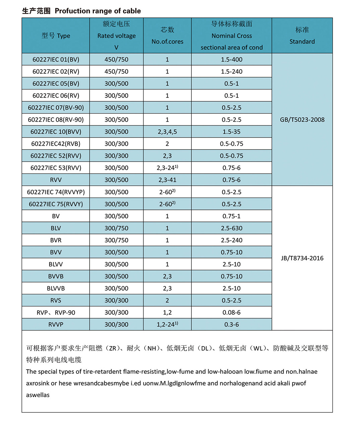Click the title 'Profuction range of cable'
pos(98,11)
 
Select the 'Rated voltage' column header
pos(116,36)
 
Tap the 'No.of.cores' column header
pos(167,42)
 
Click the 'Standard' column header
pos(302,42)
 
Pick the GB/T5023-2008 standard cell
pos(302,120)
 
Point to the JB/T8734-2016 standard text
pos(302,258)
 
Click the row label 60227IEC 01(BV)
pos(56,59)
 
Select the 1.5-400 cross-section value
pos(231,59)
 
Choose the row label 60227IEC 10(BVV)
pos(56,132)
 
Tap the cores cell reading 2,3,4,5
pos(167,132)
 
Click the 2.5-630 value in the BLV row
pos(231,228)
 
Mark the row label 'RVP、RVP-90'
pos(56,312)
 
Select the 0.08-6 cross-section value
pos(231,312)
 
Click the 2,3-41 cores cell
pos(167,180)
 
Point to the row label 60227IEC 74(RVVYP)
pos(56,192)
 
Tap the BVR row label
pos(56,240)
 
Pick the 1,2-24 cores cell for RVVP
pos(167,324)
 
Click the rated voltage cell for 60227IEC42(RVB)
pos(116,144)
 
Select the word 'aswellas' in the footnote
pos(38,395)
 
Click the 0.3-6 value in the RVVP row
pos(231,324)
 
